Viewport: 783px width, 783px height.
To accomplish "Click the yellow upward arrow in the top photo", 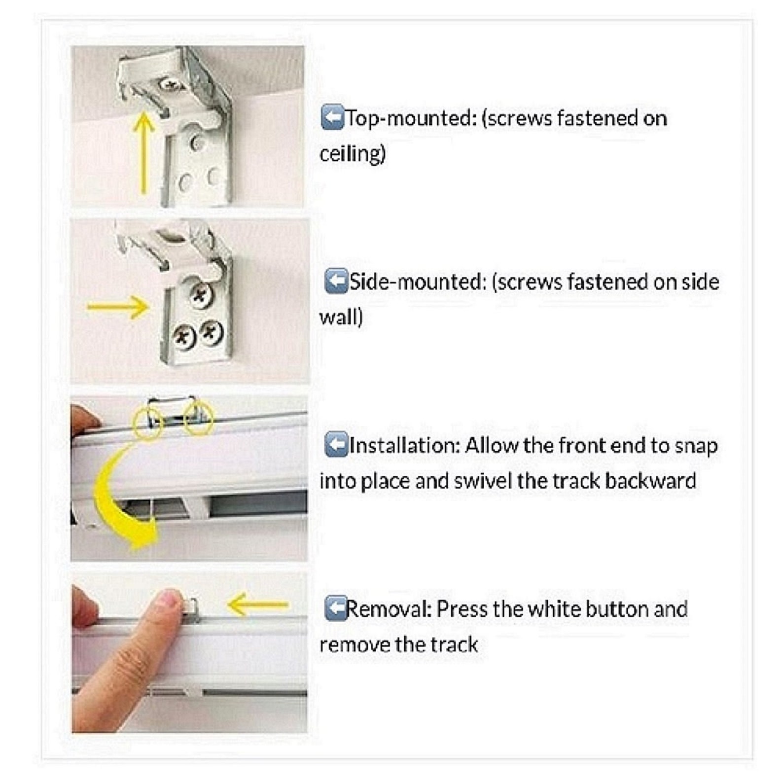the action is [143, 152].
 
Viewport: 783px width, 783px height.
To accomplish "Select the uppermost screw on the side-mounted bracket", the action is [200, 295].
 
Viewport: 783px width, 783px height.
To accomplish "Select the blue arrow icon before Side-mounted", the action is [336, 282].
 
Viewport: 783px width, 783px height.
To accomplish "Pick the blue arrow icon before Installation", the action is [336, 445].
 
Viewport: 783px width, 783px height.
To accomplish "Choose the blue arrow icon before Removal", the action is [336, 608].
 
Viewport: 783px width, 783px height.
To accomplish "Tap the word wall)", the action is [341, 317].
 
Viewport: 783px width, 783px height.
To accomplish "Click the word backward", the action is [650, 481].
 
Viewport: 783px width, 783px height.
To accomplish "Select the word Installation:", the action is [404, 446].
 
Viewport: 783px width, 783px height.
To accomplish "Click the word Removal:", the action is [389, 609].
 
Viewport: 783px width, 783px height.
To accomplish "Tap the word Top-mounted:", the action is [409, 119].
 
